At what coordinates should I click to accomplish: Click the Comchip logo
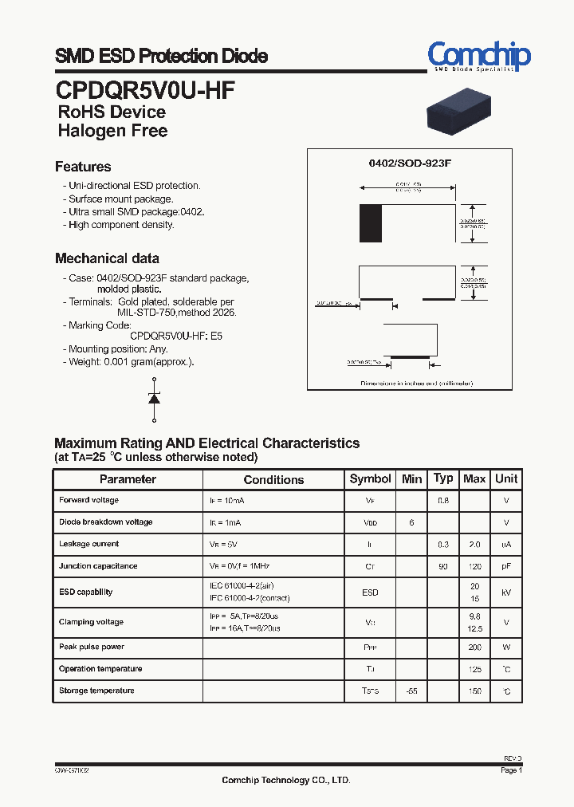coord(478,56)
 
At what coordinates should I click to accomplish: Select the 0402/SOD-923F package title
coord(410,163)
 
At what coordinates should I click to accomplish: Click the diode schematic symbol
coord(154,399)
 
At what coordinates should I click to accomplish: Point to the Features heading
coord(83,167)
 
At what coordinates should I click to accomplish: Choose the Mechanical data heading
coord(107,258)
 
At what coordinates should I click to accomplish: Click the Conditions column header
coord(273,479)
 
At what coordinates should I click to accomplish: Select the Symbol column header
coord(370,478)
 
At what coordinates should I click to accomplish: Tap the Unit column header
coord(506,478)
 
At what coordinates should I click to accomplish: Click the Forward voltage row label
coord(88,500)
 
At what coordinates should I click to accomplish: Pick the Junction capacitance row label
coord(98,566)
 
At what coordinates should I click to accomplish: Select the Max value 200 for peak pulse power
coord(475,648)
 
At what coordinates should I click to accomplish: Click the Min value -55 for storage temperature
coord(411,691)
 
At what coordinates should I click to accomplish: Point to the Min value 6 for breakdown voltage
coord(411,522)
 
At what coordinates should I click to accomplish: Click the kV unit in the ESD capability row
coord(506,592)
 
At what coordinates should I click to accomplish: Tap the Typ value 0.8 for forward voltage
coord(443,500)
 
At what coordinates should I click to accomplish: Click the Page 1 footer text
coord(511,770)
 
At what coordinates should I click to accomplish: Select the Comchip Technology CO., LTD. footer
coord(285,781)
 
